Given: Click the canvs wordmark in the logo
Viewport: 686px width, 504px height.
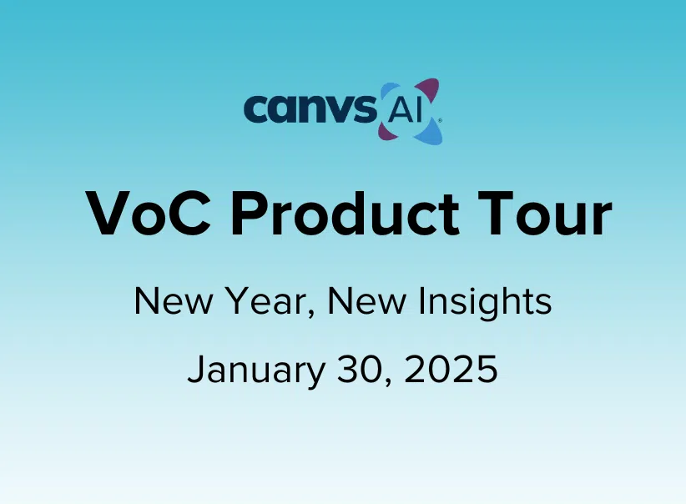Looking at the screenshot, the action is (310, 108).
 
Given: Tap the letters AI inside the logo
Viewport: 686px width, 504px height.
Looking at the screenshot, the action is (406, 110).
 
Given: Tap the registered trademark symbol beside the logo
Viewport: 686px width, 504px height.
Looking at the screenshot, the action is (439, 119).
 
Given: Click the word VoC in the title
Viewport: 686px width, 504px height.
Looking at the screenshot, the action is (149, 214).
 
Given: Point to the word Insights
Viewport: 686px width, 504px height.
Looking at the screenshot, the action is (484, 302).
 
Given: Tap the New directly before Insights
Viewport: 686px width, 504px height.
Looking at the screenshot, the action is (366, 301).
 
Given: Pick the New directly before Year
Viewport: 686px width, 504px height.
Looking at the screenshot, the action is (174, 301).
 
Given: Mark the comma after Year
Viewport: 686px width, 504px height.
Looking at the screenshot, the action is (311, 314).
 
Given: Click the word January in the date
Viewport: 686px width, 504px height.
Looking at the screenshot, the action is (256, 370).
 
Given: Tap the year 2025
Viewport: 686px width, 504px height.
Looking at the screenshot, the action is (451, 369).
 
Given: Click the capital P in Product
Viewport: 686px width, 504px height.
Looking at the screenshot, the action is (248, 214).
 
